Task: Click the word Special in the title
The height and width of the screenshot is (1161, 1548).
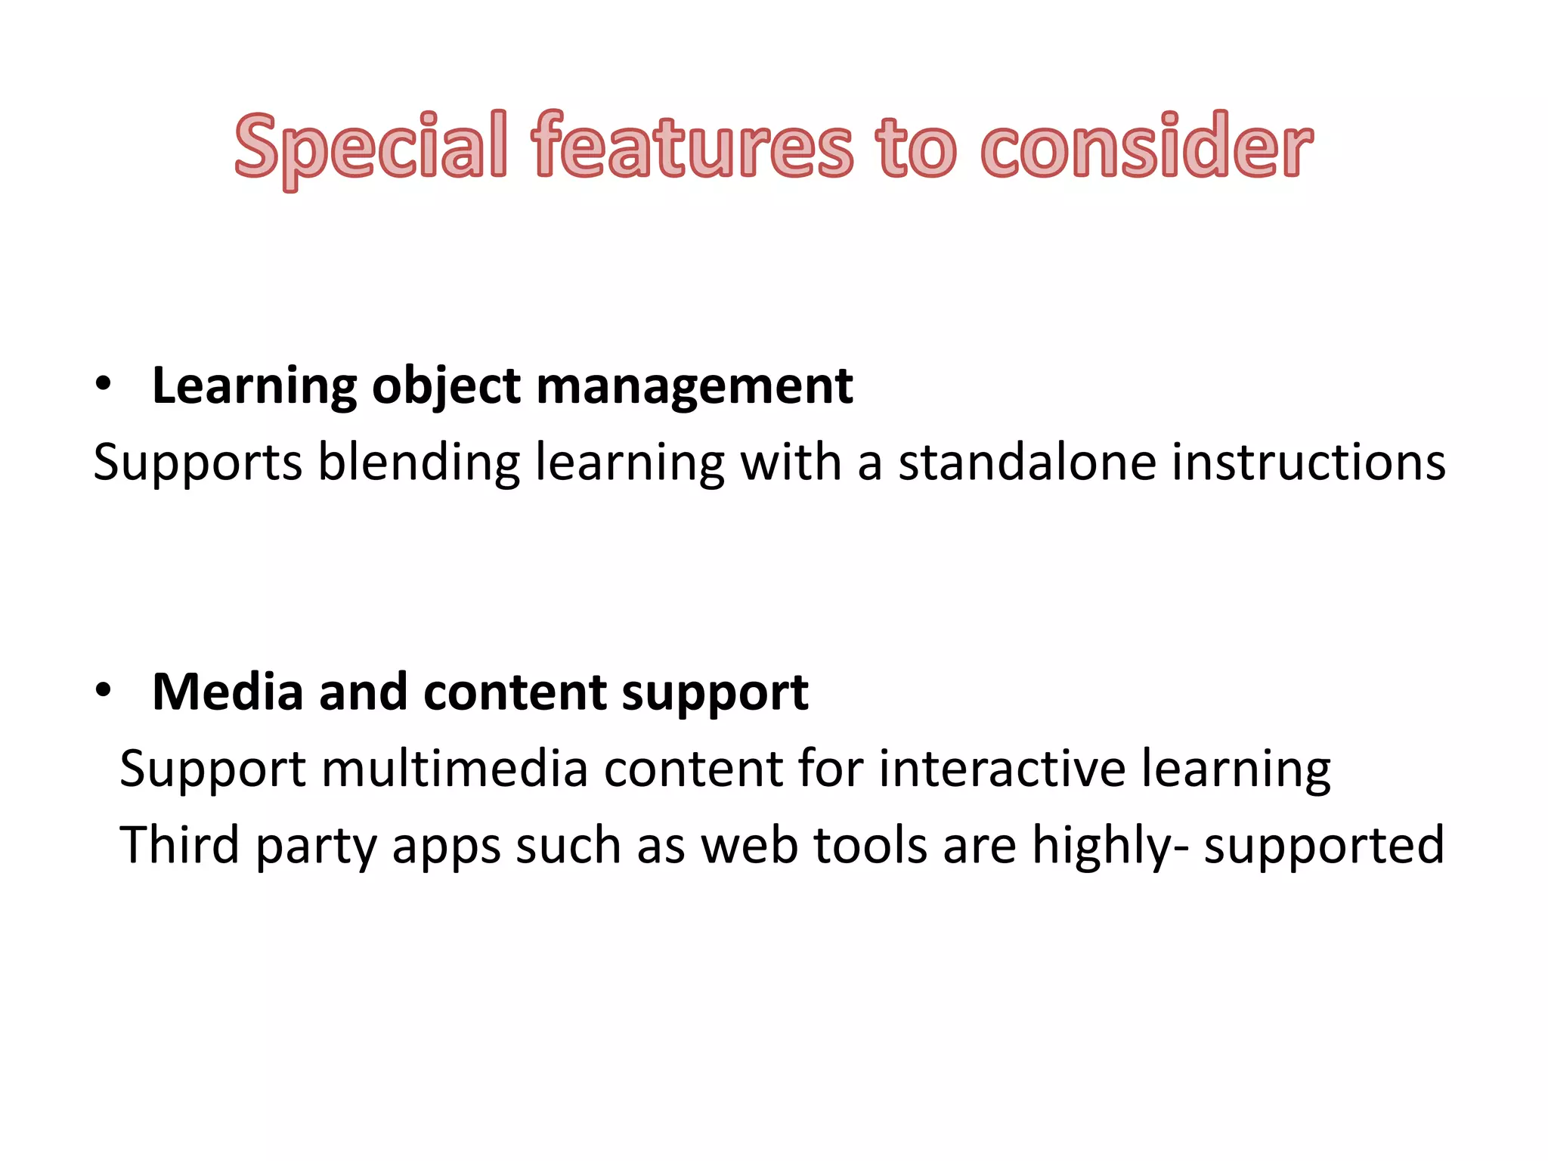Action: [370, 147]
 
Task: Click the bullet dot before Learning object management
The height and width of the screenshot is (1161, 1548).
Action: [104, 385]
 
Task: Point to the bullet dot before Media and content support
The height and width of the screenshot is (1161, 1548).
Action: [104, 691]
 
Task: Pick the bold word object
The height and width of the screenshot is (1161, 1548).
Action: [446, 387]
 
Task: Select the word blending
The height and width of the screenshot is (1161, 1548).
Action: [419, 463]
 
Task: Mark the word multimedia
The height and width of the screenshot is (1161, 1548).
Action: [454, 768]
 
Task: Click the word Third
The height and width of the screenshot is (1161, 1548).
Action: [180, 844]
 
